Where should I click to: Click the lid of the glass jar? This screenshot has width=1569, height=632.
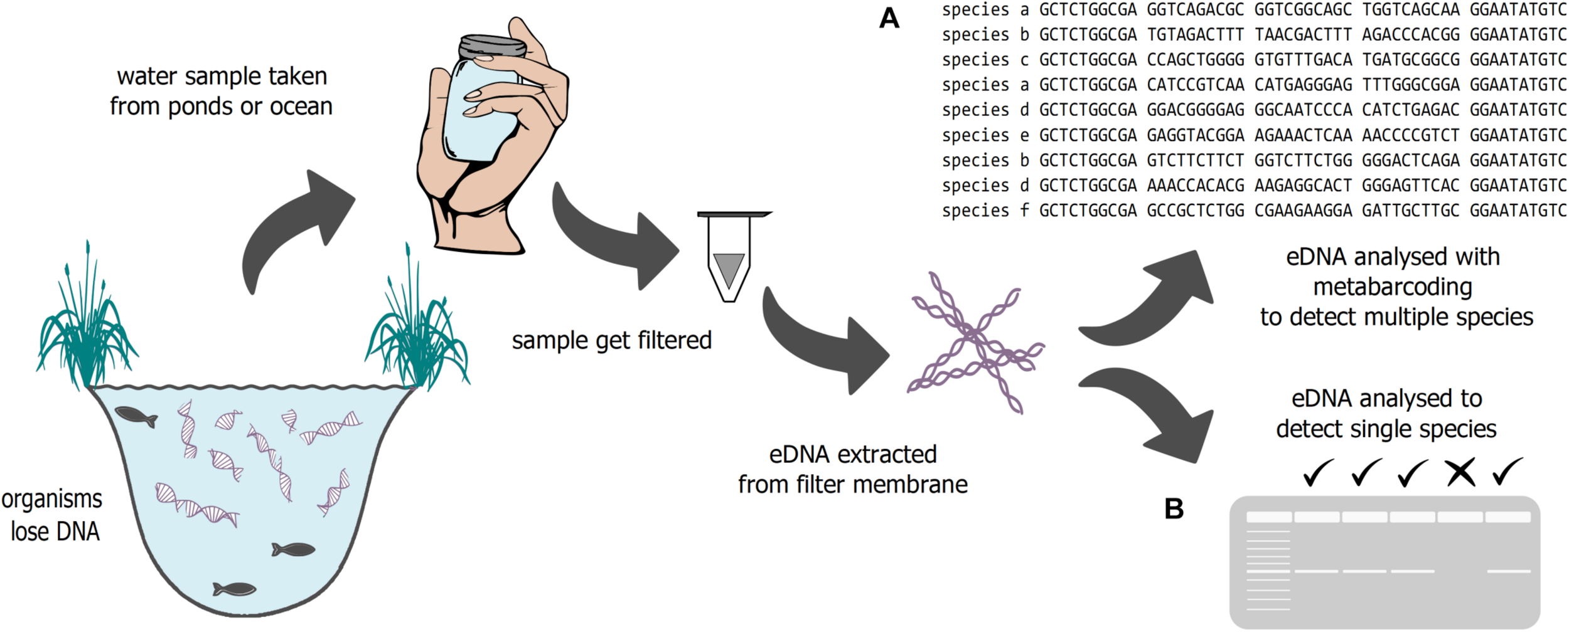click(492, 47)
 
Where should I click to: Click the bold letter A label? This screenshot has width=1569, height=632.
click(889, 19)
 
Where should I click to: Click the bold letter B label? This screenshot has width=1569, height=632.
click(1174, 509)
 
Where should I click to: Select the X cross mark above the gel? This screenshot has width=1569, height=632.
click(1460, 473)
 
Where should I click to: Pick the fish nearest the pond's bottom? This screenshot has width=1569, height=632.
click(235, 589)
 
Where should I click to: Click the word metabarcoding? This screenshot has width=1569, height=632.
click(1393, 287)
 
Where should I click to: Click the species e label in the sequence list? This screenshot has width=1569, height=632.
click(985, 135)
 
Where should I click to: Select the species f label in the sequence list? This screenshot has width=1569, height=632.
click(985, 211)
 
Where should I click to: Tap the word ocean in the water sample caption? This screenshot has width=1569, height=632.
click(301, 107)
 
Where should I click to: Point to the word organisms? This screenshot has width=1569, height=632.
click(51, 500)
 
